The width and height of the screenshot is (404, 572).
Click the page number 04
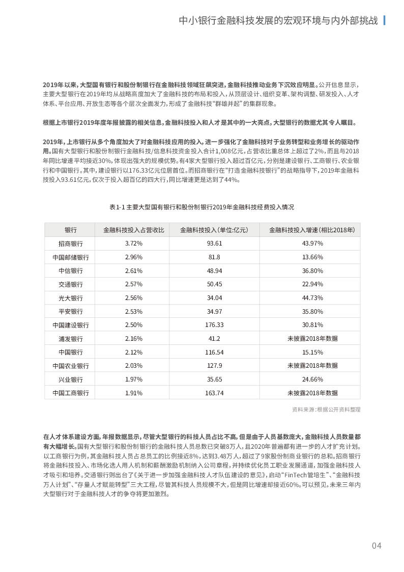point(376,546)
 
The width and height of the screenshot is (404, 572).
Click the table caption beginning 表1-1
point(202,207)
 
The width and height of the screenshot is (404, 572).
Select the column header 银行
point(71,230)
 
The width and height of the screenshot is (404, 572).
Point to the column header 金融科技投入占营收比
point(133,230)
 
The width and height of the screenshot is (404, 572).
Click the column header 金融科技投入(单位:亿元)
point(214,230)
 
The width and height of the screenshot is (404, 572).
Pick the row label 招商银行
point(71,243)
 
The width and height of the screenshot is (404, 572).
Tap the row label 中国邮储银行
point(71,257)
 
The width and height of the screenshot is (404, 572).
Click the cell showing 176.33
point(214,325)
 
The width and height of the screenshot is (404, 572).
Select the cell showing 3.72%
point(133,243)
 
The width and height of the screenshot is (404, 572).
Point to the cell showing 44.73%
point(312,298)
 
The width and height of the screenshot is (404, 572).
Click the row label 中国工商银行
point(71,393)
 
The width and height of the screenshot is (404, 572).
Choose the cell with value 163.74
point(214,393)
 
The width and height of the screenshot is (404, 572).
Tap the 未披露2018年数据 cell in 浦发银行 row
point(312,339)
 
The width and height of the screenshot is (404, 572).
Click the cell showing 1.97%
point(133,379)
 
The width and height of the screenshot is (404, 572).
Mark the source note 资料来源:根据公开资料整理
point(326,409)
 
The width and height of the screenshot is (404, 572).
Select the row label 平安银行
point(71,311)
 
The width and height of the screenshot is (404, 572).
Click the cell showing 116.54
point(214,352)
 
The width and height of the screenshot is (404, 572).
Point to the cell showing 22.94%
point(312,284)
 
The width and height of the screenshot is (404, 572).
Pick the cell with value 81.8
point(214,257)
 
